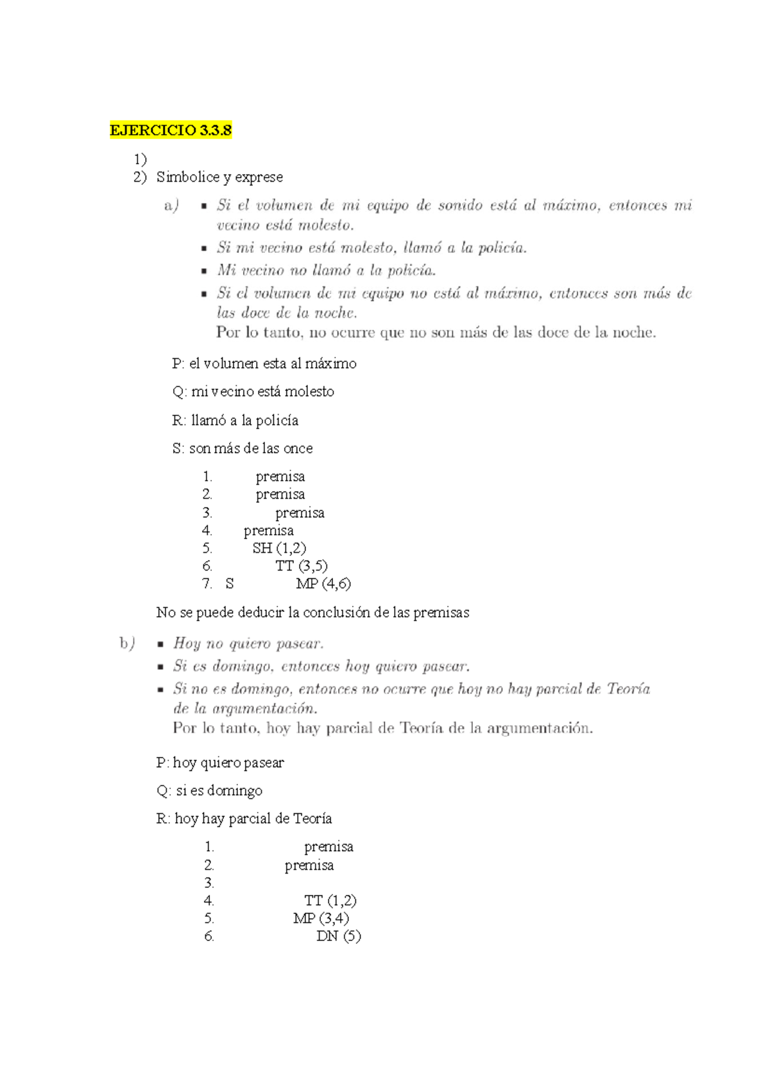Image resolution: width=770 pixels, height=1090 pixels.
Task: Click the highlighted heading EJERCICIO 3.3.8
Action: click(x=171, y=130)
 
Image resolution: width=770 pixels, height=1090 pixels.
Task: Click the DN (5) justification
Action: click(x=338, y=936)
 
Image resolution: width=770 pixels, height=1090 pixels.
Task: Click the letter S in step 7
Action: click(x=230, y=584)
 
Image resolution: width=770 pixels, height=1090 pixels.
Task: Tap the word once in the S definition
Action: click(x=298, y=448)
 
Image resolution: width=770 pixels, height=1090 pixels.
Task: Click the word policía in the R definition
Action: click(x=277, y=420)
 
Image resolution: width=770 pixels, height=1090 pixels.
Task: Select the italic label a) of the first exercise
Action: click(x=171, y=205)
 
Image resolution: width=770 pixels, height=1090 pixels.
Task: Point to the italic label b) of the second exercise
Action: click(x=127, y=643)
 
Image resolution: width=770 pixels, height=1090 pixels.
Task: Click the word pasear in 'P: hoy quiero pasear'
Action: click(x=263, y=763)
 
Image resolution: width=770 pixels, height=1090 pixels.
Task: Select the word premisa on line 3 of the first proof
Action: click(x=300, y=513)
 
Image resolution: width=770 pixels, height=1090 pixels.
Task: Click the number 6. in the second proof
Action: click(x=209, y=936)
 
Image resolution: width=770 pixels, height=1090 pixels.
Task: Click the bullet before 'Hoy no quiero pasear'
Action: click(x=161, y=644)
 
